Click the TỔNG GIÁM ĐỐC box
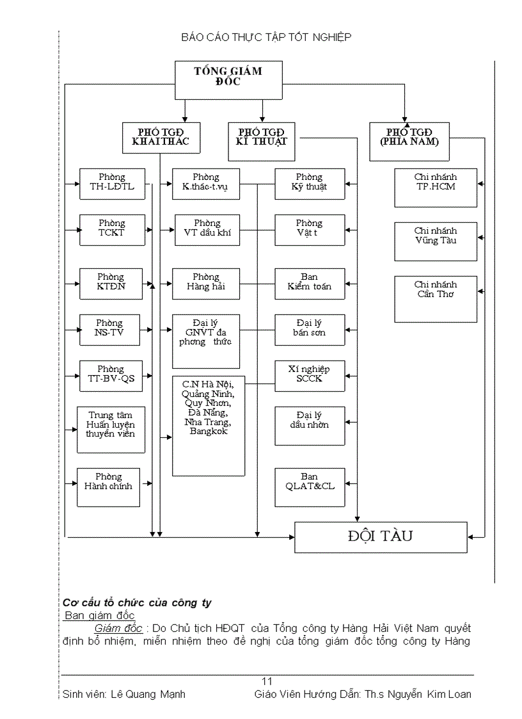tap(228, 79)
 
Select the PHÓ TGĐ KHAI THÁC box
tap(161, 137)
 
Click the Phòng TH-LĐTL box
tap(112, 184)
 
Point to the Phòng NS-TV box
tap(109, 330)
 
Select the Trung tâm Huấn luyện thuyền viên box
tap(111, 429)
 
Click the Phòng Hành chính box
tap(108, 487)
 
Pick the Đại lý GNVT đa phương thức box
tap(206, 341)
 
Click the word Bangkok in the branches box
tap(209, 432)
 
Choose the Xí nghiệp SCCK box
tap(310, 376)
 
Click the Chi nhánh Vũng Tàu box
tap(436, 241)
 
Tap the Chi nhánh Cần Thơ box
tap(436, 298)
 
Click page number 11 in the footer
tap(267, 681)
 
